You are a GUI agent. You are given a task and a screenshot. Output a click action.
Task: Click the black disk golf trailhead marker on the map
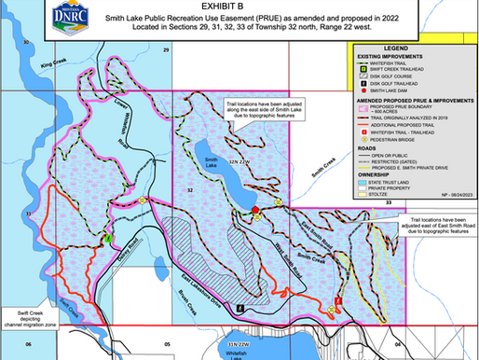pos(239,307)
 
